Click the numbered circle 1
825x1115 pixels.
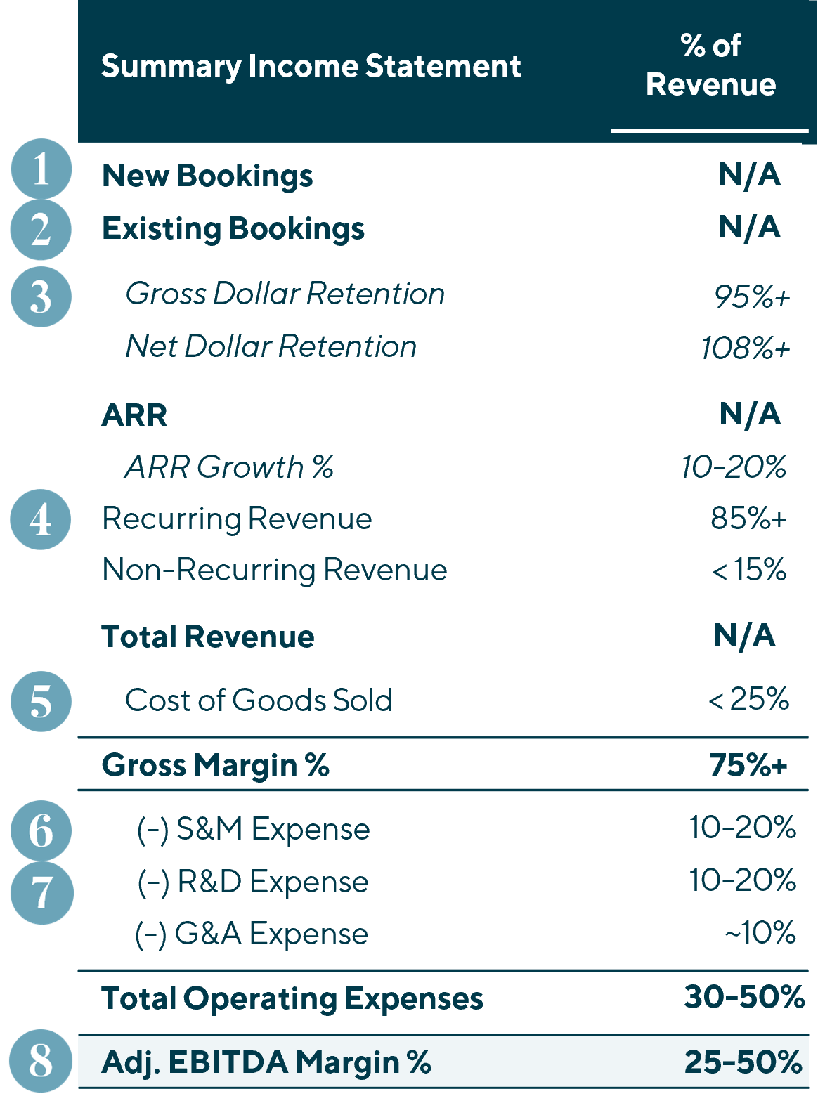point(41,169)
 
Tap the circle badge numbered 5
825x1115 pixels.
point(41,701)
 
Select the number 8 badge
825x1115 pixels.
point(41,1061)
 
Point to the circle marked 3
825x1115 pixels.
point(41,296)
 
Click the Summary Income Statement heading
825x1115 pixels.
point(311,67)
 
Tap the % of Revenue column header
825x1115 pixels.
point(710,65)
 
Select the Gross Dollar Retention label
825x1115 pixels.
point(285,294)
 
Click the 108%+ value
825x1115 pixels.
point(746,348)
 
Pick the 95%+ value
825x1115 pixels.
point(752,296)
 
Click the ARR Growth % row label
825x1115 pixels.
point(229,467)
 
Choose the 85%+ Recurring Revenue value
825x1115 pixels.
point(748,519)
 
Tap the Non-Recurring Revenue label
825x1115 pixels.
point(274,570)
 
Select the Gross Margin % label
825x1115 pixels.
point(215,765)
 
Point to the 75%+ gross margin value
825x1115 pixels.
point(748,765)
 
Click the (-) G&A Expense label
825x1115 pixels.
point(252,934)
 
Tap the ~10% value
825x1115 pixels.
point(760,933)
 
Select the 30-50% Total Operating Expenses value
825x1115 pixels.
point(744,997)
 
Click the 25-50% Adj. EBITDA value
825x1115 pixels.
point(743,1062)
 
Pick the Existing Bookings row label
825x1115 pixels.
point(233,229)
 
